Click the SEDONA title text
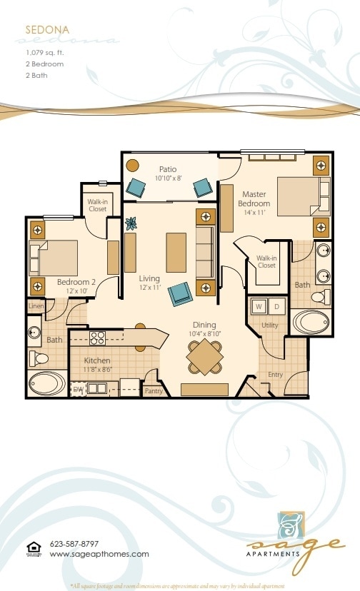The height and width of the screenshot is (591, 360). pyautogui.click(x=47, y=30)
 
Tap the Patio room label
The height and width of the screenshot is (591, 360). pyautogui.click(x=169, y=169)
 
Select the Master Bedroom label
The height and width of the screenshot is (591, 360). pyautogui.click(x=254, y=199)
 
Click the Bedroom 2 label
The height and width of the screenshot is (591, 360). pyautogui.click(x=76, y=282)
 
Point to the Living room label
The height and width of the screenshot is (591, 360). pyautogui.click(x=149, y=278)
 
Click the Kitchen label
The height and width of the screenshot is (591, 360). pyautogui.click(x=96, y=360)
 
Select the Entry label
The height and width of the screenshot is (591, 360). pyautogui.click(x=275, y=375)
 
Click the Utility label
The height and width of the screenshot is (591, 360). pyautogui.click(x=269, y=325)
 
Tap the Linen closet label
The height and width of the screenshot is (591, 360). pyautogui.click(x=36, y=306)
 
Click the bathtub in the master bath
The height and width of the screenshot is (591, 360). pyautogui.click(x=311, y=321)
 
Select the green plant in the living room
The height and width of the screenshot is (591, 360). pyautogui.click(x=131, y=223)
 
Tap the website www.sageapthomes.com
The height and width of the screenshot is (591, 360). pyautogui.click(x=99, y=554)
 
